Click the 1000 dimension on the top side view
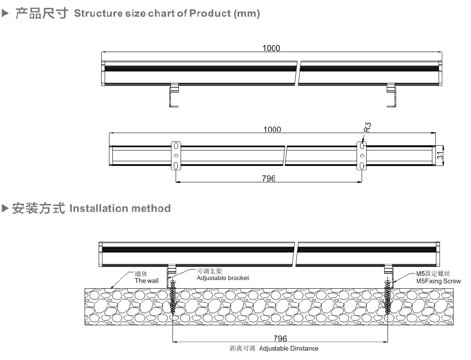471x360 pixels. tap(271, 48)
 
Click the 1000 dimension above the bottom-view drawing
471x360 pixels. tap(272, 129)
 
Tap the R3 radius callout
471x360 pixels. tap(367, 127)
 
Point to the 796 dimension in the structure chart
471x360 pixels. tap(269, 179)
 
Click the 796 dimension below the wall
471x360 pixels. tap(280, 339)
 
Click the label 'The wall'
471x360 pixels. tap(146, 280)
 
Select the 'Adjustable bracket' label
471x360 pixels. tap(222, 278)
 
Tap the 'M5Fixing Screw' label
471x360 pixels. tap(438, 281)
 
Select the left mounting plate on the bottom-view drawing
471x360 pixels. tap(176, 156)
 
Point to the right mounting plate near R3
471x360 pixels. tap(362, 156)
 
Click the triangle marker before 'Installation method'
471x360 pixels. tap(6, 208)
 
